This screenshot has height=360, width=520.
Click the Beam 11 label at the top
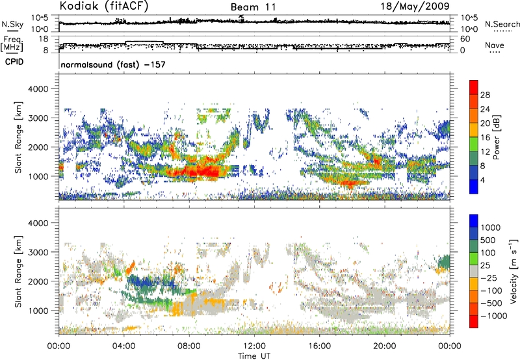[x=253, y=6]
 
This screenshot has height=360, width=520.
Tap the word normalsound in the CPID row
[x=87, y=66]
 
